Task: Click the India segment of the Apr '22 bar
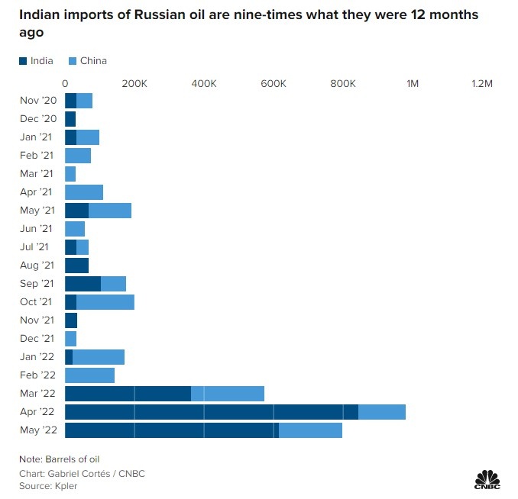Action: [211, 412]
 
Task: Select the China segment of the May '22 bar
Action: [310, 430]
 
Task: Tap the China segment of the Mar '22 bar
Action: [228, 394]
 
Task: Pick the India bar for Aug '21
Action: [76, 266]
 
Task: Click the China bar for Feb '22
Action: [89, 375]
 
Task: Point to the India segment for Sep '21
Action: [83, 284]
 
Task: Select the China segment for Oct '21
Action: [105, 302]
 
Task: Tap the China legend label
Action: [93, 61]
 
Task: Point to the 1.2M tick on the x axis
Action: [481, 82]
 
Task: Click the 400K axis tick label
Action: [203, 82]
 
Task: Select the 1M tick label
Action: [413, 82]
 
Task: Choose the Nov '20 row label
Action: [38, 101]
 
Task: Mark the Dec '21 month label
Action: [38, 339]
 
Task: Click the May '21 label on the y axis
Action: [38, 211]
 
